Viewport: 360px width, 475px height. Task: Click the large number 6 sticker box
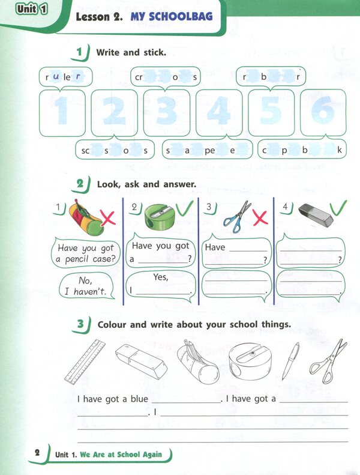[323, 112]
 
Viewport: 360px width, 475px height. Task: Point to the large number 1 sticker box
[62, 112]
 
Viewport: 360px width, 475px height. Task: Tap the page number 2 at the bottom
[37, 453]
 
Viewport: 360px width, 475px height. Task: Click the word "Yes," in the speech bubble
[161, 277]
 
